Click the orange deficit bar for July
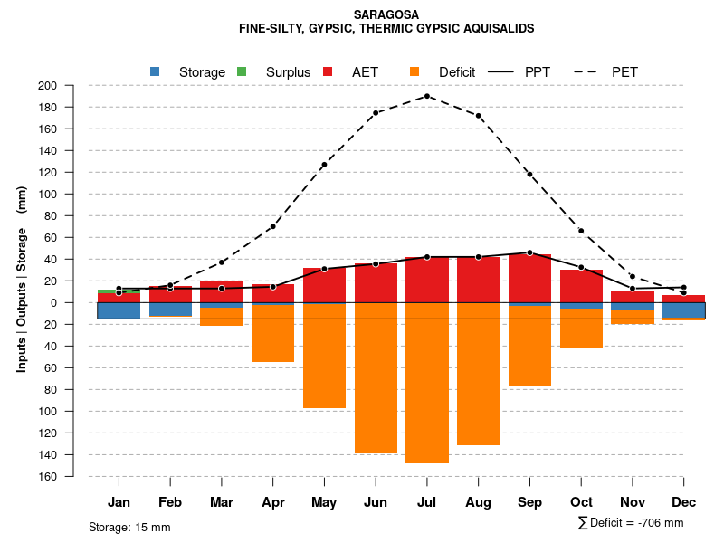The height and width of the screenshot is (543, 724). (427, 383)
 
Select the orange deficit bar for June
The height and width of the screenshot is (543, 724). (376, 378)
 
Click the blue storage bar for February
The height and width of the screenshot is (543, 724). (170, 310)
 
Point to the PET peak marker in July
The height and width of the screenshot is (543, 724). (427, 96)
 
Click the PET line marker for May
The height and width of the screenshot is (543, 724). (324, 165)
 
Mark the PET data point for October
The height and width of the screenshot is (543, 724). (581, 231)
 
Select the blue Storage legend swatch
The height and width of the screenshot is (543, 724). (155, 72)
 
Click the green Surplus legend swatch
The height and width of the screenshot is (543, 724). (242, 72)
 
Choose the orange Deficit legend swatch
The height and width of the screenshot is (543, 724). (414, 72)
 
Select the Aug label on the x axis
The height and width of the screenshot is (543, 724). (478, 502)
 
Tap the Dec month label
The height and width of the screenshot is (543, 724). (684, 502)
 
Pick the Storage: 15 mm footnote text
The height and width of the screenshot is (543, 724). (129, 527)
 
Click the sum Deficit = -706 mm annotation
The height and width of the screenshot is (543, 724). (631, 523)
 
